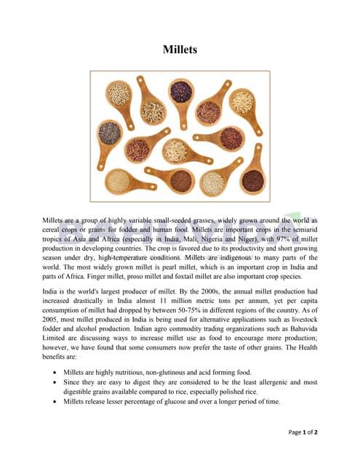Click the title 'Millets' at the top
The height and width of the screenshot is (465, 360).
point(180,50)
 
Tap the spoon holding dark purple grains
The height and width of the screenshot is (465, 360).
point(180,92)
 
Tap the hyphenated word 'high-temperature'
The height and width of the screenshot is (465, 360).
point(139,257)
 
